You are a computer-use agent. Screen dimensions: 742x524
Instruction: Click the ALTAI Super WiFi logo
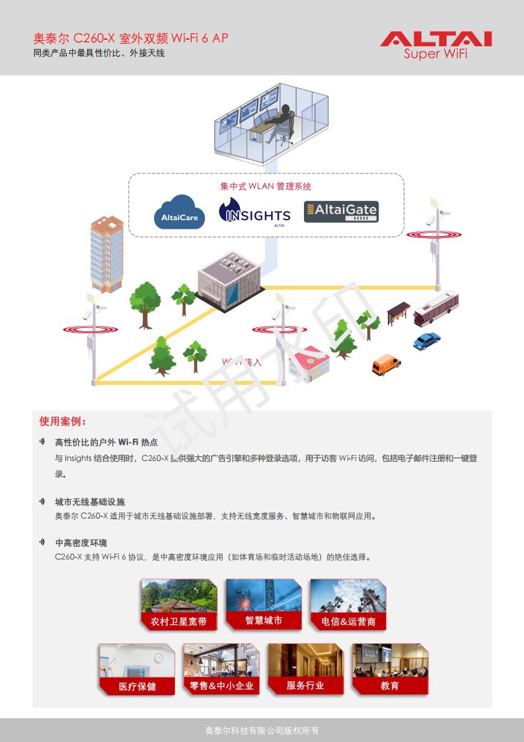[x=435, y=44]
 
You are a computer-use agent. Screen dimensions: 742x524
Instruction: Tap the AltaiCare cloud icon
[x=179, y=212]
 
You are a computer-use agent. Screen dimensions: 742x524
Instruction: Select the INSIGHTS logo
[x=254, y=213]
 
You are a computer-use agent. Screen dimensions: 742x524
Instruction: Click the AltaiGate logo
[x=341, y=212]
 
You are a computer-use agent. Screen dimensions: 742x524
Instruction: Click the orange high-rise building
[x=106, y=253]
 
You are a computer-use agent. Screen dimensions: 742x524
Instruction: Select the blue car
[x=426, y=341]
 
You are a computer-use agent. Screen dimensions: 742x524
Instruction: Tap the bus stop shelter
[x=398, y=313]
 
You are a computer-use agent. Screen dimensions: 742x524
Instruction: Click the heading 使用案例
[x=63, y=421]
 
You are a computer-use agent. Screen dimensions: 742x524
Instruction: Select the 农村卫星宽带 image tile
[x=178, y=604]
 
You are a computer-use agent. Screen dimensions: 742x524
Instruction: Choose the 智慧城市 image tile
[x=264, y=602]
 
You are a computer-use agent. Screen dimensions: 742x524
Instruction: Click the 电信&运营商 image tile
[x=348, y=604]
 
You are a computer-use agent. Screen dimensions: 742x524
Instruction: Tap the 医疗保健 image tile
[x=137, y=669]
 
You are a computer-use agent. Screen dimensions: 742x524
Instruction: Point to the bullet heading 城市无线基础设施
[x=90, y=502]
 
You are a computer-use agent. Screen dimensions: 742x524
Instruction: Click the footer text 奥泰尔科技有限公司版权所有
[x=262, y=731]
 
